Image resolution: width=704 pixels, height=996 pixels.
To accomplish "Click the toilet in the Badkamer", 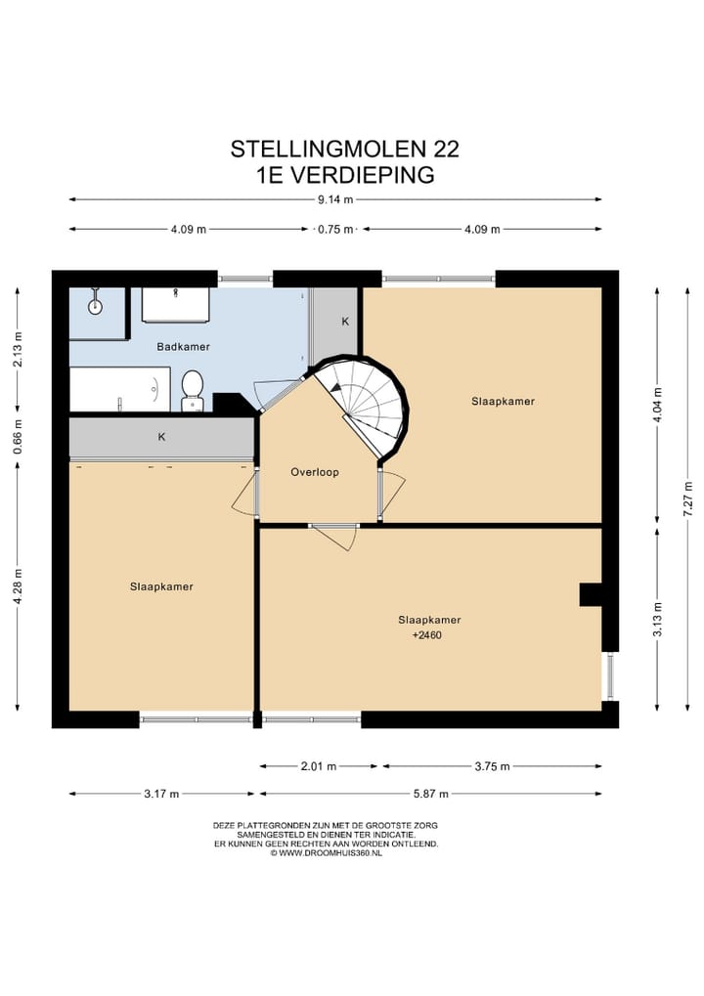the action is pos(192,391).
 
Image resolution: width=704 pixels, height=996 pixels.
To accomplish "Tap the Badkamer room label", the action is pos(183,347).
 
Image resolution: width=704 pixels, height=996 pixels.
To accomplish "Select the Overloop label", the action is pos(315,472).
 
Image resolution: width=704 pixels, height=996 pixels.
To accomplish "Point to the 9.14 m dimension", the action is pos(334,199).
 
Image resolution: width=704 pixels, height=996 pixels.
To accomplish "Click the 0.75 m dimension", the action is pos(334,230).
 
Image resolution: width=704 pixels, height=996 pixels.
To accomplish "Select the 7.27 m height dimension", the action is pos(687,498).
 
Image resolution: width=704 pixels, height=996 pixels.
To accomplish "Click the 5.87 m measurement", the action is pos(431,794).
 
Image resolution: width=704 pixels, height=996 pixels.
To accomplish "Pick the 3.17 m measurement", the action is pos(161,794).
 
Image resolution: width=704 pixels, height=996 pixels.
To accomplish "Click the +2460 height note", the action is pos(427,635).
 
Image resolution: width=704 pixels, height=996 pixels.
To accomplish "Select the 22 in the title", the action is pos(446,150).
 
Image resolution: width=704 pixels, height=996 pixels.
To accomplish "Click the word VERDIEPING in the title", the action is pos(362,175).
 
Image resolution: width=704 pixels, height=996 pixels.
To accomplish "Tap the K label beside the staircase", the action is pos(345,322).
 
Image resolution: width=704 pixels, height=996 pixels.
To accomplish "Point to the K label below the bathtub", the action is pos(161,437).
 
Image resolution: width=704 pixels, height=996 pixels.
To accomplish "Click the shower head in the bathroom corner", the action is pos(95,302).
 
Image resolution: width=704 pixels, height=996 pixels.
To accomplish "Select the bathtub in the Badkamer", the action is pos(119,389).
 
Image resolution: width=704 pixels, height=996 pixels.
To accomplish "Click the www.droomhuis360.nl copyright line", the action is pos(326,853).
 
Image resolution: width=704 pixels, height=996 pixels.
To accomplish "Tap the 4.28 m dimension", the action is pos(18,586).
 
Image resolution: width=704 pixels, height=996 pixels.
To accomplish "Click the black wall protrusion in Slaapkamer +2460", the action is pos(590,594).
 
